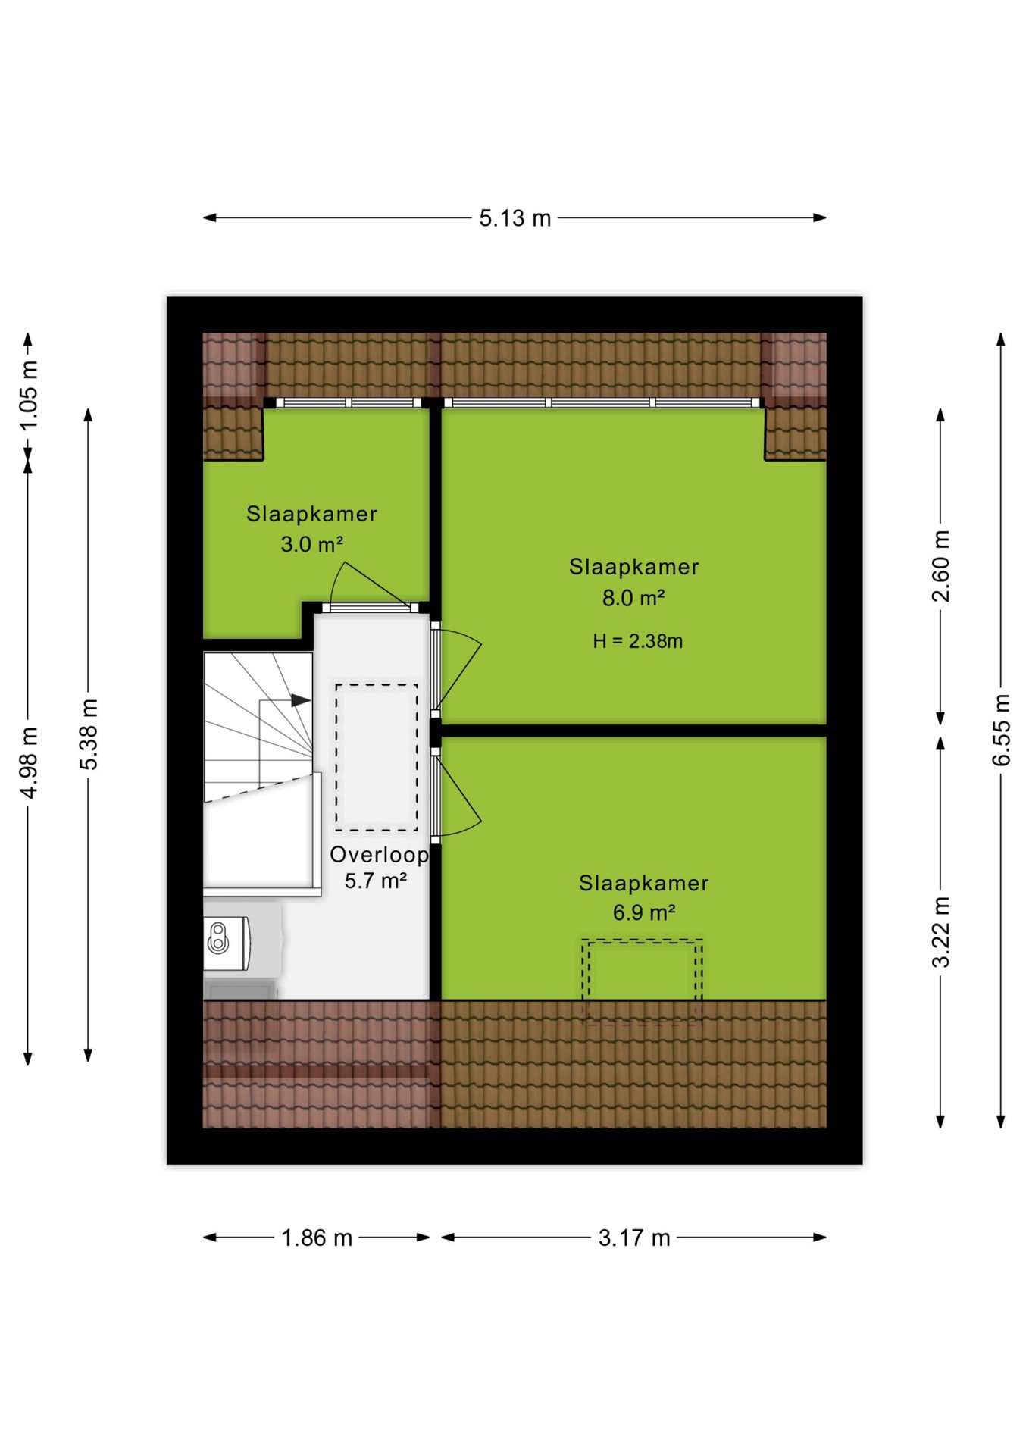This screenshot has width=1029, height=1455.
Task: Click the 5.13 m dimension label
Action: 514,218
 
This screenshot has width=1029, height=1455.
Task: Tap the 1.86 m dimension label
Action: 317,1238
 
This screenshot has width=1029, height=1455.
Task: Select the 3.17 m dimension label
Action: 634,1238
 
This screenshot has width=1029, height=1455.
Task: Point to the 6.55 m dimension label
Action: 1001,730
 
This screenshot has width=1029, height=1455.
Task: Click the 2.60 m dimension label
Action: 940,566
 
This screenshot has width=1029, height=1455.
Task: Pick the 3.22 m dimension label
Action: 940,932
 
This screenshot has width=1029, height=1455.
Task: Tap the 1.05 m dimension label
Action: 28,395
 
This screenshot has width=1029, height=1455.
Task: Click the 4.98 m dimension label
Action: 28,762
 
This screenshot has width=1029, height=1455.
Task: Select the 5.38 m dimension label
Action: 89,734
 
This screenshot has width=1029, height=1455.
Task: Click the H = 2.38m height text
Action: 637,641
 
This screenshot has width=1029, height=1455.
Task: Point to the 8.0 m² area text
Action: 633,598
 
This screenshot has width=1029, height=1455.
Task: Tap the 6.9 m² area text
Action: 644,912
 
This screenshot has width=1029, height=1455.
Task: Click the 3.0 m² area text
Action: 311,544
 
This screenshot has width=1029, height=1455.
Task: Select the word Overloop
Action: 380,855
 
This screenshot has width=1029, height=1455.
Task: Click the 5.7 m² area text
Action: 376,881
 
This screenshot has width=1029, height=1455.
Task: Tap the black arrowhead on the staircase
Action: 301,700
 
